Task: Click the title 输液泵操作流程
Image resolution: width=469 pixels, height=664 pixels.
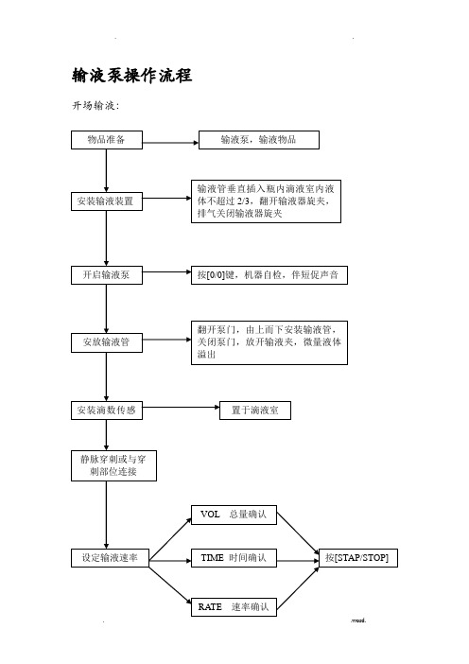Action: pos(132,76)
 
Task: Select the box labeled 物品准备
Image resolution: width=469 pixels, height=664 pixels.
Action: pos(107,140)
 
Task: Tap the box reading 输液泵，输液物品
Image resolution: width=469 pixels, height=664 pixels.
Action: pos(259,140)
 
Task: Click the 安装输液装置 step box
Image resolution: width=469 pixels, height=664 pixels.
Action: pos(107,201)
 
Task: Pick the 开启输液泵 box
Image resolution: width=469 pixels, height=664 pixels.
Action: pos(107,275)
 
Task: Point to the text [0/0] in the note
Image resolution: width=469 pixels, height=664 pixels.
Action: pos(216,275)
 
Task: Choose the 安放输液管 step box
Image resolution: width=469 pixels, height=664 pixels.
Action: pos(107,342)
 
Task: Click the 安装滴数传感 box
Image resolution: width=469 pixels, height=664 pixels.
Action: pos(107,411)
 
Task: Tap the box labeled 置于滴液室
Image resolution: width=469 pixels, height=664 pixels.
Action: pos(255,411)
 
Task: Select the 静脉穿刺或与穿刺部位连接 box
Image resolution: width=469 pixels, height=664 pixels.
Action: pos(113,465)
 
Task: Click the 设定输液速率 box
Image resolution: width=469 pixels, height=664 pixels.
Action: pos(110,558)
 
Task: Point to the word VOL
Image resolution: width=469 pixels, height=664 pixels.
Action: pos(210,515)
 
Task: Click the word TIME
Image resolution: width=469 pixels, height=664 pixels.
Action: pos(212,558)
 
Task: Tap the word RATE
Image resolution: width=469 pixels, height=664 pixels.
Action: pos(210,607)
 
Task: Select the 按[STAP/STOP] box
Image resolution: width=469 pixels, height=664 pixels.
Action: pos(358,558)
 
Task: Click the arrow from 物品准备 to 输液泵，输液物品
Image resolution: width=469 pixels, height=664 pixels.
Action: pos(170,143)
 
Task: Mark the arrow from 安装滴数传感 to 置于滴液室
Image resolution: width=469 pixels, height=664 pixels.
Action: pos(182,408)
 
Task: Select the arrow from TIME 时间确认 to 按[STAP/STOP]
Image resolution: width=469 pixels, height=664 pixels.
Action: pos(298,561)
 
